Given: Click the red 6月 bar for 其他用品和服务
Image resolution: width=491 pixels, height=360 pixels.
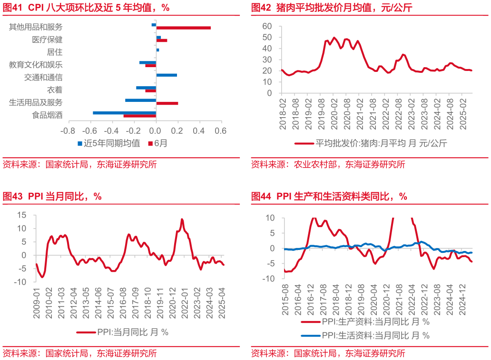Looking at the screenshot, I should tap(183, 28).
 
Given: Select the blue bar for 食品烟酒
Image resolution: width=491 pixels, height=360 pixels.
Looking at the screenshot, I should tap(124, 113).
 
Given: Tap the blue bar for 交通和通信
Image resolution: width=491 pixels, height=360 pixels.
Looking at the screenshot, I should tap(167, 75).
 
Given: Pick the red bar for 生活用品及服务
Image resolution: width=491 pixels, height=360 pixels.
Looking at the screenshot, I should tap(167, 103).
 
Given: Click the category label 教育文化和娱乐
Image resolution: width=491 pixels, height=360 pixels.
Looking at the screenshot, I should tap(36, 65).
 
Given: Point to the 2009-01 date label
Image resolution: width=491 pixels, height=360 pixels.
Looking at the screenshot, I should tap(36, 299).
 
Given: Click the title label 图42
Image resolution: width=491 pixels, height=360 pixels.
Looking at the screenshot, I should tap(261, 8).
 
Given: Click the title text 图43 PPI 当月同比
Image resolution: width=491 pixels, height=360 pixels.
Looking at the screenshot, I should tap(52, 196).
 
